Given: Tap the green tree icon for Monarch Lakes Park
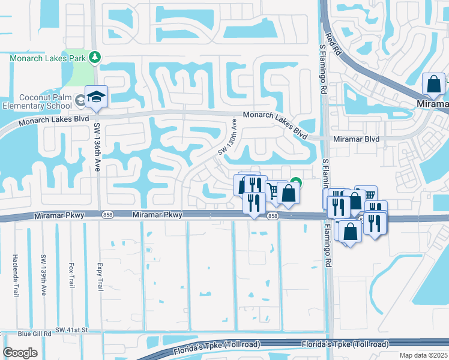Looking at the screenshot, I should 94,57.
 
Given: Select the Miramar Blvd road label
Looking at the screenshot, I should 357,139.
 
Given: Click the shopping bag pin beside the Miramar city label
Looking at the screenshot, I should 433,85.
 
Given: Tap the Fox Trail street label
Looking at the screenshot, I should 71,274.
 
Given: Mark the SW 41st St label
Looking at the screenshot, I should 71,330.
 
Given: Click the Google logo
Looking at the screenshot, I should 20,353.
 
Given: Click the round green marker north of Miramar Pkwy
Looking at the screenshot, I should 296,182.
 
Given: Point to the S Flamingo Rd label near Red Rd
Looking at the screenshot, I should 323,66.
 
